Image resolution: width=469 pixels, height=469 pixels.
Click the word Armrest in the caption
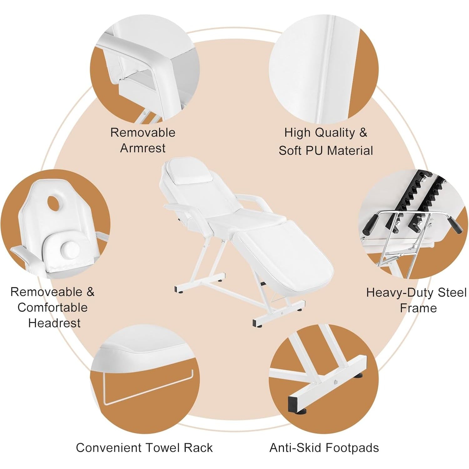(x=143, y=148)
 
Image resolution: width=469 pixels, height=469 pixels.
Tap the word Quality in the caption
(x=335, y=133)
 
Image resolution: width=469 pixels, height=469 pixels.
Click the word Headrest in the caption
(x=54, y=323)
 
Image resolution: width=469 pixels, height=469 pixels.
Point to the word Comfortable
(x=53, y=307)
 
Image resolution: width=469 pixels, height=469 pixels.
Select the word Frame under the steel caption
(x=418, y=308)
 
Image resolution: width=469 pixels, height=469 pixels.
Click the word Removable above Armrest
(x=143, y=133)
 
